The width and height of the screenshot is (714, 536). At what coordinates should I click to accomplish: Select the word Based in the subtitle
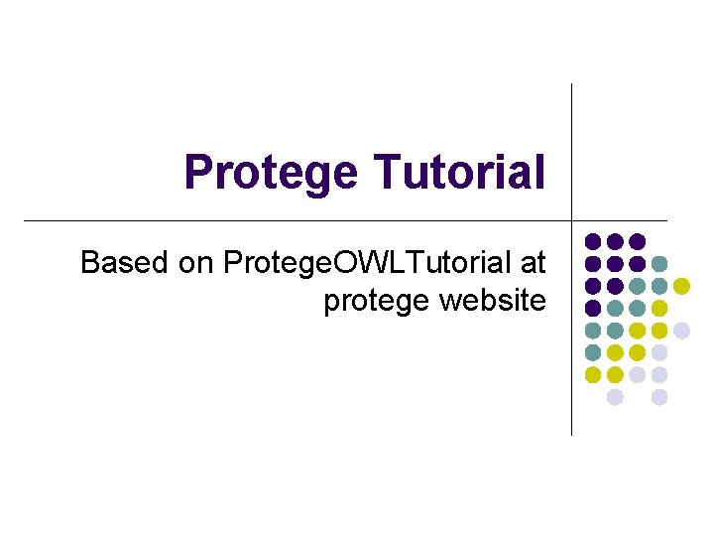[125, 263]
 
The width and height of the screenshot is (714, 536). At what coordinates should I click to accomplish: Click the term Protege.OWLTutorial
[366, 263]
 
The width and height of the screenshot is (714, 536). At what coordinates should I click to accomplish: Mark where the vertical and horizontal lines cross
[572, 220]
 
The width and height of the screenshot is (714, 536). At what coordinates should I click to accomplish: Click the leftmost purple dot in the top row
[592, 241]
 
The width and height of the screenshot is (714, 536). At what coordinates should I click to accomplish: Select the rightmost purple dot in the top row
[637, 241]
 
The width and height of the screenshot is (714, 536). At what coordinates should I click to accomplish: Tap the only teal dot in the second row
[659, 264]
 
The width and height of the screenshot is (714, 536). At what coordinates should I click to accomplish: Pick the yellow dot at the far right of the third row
[681, 286]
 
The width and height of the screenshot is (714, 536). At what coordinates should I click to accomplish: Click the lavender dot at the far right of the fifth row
[681, 331]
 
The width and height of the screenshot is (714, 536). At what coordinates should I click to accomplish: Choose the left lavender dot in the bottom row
[615, 397]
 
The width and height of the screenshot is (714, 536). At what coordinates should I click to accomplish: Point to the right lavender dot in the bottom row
[659, 397]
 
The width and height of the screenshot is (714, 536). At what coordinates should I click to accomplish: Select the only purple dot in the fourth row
[592, 308]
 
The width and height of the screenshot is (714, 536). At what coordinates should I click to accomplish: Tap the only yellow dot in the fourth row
[659, 308]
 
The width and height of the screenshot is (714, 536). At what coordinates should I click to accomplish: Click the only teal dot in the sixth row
[592, 352]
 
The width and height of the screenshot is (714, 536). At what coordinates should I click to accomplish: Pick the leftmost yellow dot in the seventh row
[592, 375]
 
